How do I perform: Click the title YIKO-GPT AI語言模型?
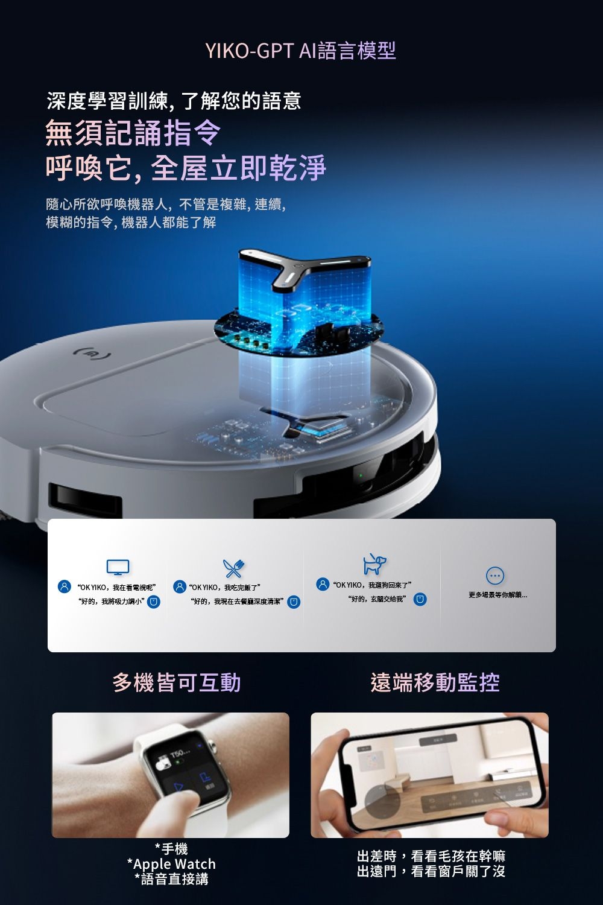(301, 51)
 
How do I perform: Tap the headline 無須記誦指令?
(133, 133)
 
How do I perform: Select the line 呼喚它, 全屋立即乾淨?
(186, 168)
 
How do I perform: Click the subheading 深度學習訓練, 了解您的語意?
(174, 101)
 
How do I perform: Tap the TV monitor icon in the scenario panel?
(118, 567)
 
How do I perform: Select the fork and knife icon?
(233, 567)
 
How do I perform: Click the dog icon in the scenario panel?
(374, 564)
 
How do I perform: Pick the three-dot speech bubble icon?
(494, 576)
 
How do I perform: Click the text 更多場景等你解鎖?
(497, 595)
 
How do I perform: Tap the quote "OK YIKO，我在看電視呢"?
(116, 587)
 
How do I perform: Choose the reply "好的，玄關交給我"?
(377, 599)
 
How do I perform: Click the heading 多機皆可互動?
(177, 682)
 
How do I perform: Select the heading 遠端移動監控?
(435, 682)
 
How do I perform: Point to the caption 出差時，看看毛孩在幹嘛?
(431, 856)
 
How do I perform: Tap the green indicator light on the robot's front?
(359, 476)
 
